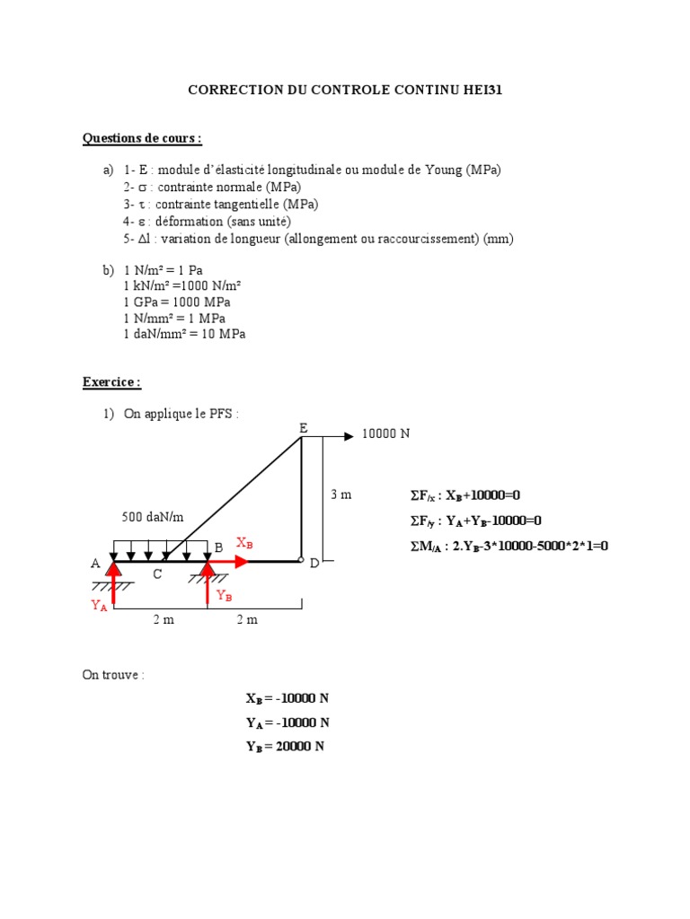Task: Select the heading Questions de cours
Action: click(142, 138)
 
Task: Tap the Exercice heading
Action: click(111, 382)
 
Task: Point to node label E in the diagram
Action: click(304, 429)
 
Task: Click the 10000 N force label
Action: click(385, 434)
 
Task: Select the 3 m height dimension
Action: click(341, 495)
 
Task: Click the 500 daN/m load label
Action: click(153, 517)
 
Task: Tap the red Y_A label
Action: click(99, 606)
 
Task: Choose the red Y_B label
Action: click(225, 596)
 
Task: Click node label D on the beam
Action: click(314, 564)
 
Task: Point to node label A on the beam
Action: click(95, 564)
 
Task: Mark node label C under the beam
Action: click(156, 574)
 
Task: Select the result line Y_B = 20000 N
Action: click(285, 747)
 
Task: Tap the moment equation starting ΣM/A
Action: click(509, 545)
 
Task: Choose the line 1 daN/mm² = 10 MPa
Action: click(184, 334)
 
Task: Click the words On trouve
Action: click(112, 675)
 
